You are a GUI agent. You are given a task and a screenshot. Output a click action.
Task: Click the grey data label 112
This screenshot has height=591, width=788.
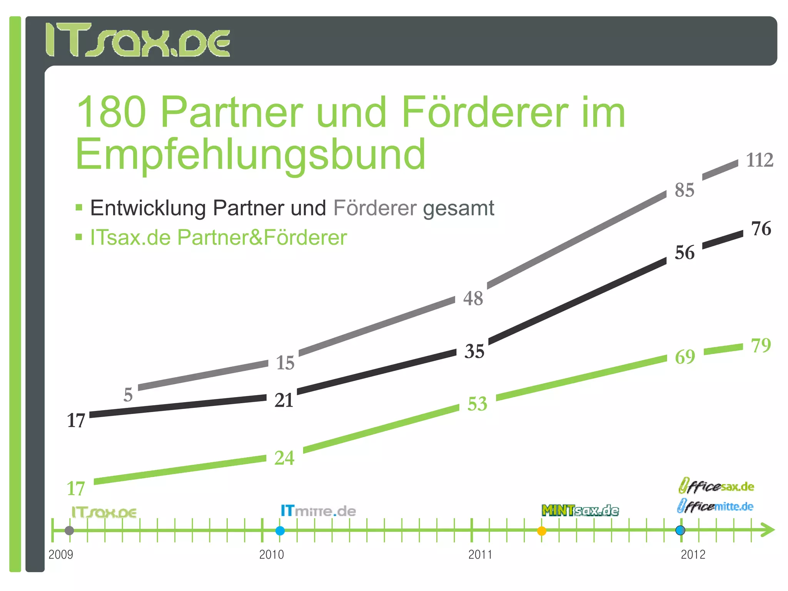760,160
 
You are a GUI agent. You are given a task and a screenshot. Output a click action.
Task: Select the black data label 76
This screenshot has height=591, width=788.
761,229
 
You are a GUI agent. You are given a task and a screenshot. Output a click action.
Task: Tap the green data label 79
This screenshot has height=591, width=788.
761,345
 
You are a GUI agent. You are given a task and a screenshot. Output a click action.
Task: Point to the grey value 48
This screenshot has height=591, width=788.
473,299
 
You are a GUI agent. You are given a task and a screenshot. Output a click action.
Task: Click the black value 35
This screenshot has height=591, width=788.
474,351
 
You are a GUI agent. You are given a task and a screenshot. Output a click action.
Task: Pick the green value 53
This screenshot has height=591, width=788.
477,404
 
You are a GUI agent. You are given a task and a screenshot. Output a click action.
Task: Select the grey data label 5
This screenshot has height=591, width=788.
128,395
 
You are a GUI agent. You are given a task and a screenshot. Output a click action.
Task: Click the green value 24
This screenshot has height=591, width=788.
284,458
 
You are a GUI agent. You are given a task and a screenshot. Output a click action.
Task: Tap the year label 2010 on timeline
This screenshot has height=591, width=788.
271,554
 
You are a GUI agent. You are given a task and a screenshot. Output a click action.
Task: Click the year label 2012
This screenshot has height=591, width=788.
693,554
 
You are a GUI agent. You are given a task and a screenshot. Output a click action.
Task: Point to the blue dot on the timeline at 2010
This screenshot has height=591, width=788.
280,531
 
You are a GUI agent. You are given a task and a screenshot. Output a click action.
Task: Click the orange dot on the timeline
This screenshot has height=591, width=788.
541,531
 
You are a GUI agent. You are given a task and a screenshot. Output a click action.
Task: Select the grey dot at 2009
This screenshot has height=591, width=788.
69,531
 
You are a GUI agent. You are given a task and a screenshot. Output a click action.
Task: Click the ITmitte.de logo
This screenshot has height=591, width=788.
318,511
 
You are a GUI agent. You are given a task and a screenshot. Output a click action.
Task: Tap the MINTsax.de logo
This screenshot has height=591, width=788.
580,511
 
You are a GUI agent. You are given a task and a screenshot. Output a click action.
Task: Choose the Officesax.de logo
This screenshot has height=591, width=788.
716,486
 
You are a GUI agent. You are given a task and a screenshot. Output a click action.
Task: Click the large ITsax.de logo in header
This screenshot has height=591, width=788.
138,40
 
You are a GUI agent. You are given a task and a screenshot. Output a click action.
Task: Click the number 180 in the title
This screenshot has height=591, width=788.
112,112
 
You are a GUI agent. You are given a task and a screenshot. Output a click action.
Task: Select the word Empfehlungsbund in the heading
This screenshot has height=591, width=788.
250,155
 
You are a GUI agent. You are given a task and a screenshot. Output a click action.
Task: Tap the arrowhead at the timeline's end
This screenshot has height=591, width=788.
768,530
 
